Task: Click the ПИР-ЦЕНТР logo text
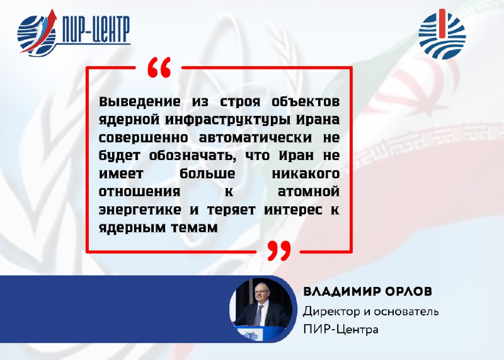click(x=96, y=30)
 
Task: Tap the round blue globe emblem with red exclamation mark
click(x=442, y=34)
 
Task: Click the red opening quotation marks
click(x=159, y=67)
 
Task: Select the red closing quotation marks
click(x=279, y=250)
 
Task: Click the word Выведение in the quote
click(x=139, y=102)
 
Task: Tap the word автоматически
click(x=256, y=137)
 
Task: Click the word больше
click(x=207, y=174)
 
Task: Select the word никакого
click(x=306, y=174)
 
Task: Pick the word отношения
click(x=139, y=192)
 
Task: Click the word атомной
click(x=309, y=192)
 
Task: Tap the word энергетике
click(x=140, y=211)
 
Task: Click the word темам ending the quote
click(x=194, y=228)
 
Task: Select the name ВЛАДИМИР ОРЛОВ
click(x=368, y=291)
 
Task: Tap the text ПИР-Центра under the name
click(x=341, y=330)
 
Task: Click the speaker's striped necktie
click(x=258, y=315)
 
